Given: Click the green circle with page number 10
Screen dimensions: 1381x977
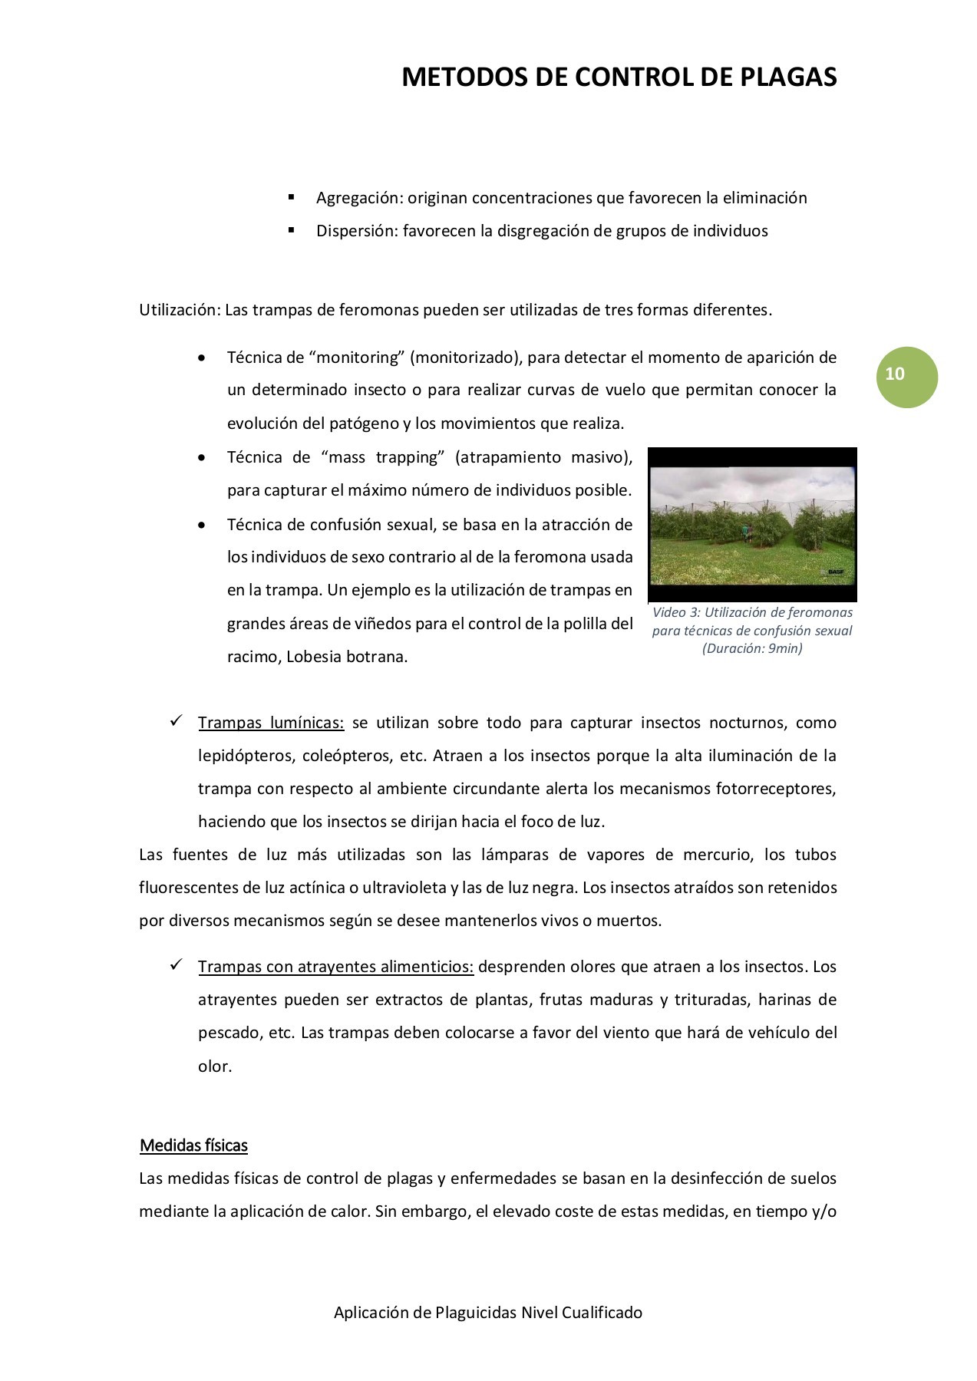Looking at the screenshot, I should [906, 376].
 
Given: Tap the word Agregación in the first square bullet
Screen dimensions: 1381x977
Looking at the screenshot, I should [358, 198].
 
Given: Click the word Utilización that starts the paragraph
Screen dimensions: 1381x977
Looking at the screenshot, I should [179, 310].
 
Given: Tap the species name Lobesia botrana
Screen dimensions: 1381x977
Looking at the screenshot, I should [346, 657].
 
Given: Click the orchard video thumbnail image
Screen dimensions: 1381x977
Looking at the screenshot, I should [752, 525].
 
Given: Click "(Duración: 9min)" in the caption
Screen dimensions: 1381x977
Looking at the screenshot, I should [752, 648].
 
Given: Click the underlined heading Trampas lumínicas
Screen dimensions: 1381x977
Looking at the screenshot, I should [271, 723].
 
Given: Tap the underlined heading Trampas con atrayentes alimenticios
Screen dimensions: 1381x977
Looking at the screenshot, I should [335, 967].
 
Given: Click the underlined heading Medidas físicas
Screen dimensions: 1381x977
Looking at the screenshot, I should [193, 1145].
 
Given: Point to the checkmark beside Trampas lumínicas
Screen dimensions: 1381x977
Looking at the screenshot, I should [176, 721].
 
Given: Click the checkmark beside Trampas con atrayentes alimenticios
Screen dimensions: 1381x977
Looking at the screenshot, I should [176, 965].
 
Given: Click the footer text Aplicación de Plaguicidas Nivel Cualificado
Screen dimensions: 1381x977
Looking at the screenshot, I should [488, 1313].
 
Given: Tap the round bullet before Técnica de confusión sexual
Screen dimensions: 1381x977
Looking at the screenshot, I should [201, 526].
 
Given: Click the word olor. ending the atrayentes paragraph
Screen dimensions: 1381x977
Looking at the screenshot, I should [215, 1066].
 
